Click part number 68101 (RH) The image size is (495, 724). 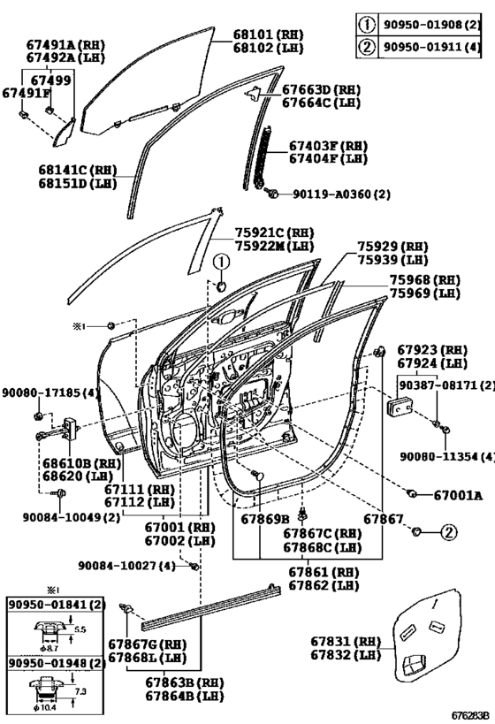268,34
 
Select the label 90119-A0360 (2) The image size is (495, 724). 342,194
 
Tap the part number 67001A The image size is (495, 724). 458,495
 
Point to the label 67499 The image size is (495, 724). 50,80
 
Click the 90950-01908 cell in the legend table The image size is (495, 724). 430,24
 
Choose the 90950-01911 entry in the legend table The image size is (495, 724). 430,47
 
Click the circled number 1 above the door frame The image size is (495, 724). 221,263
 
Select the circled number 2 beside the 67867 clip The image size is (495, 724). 448,532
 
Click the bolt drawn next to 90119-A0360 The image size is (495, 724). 271,194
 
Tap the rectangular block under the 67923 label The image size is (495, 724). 400,407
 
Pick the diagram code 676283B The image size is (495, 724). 469,716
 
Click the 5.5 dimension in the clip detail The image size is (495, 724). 80,629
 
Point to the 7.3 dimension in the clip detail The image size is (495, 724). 80,691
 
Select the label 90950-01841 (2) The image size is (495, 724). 57,604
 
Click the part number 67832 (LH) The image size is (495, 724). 346,654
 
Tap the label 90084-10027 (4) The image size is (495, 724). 126,565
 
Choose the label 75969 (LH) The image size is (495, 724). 425,293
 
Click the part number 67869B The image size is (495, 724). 265,520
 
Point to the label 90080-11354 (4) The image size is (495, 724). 447,456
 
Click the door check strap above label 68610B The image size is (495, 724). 57,430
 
